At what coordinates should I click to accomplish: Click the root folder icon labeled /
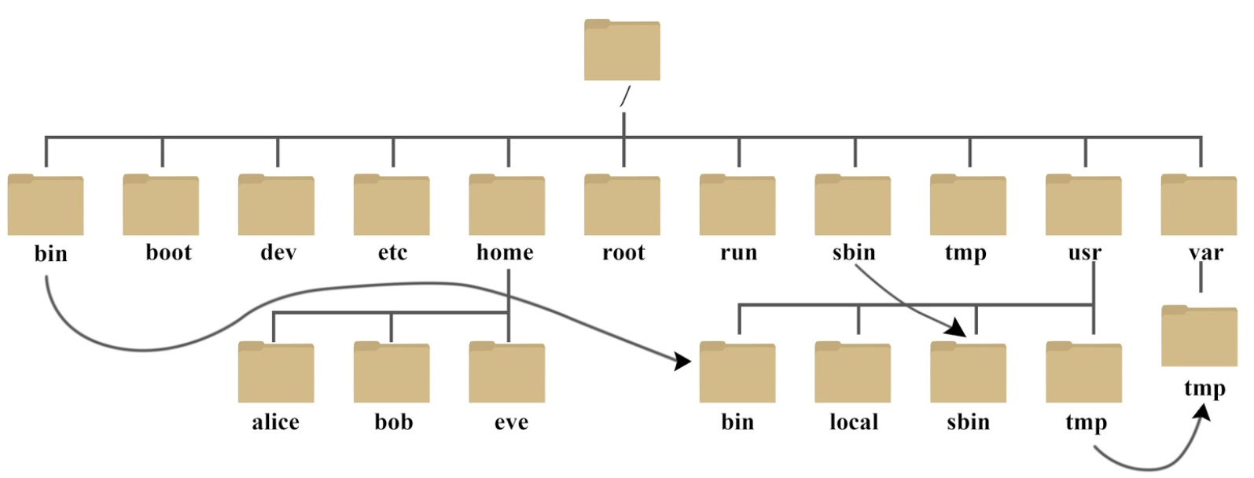[622, 50]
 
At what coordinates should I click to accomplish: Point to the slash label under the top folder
[625, 96]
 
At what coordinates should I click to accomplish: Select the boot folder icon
[161, 205]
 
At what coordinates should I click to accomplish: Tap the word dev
[278, 252]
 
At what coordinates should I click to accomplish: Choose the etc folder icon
[392, 205]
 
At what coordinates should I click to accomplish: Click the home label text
[505, 252]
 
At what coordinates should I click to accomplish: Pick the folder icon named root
[622, 205]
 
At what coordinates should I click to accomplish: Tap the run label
[738, 252]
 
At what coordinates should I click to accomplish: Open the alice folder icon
[276, 373]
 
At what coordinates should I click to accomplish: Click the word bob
[393, 422]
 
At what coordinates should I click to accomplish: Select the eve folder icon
[507, 373]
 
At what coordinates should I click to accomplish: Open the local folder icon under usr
[853, 373]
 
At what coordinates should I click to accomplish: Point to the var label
[1205, 252]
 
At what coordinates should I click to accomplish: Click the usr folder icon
[1083, 205]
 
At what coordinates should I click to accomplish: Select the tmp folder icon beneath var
[1199, 336]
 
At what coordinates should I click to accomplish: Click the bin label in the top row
[51, 254]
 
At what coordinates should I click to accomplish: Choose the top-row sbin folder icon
[853, 205]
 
